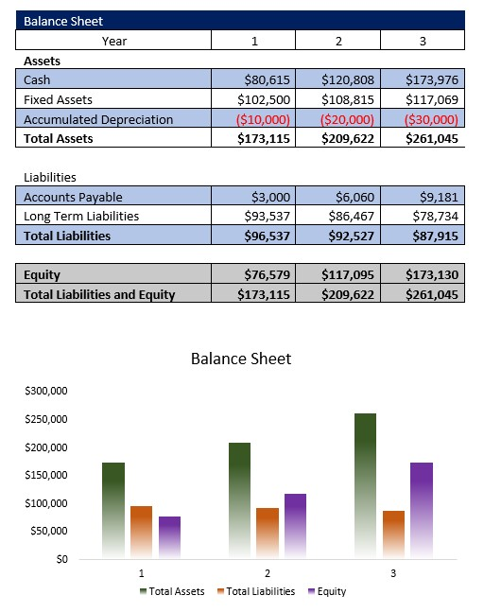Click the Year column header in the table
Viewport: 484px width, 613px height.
pos(113,41)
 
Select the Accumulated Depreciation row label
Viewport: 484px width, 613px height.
pos(98,119)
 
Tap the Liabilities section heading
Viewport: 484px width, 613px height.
pos(49,177)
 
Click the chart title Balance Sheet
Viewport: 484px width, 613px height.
pos(241,359)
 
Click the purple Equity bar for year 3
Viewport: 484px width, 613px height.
pos(421,508)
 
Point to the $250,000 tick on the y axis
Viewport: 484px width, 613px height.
pos(46,419)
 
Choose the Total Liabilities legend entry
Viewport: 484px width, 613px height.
pos(255,591)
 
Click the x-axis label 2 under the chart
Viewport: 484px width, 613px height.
pos(268,573)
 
